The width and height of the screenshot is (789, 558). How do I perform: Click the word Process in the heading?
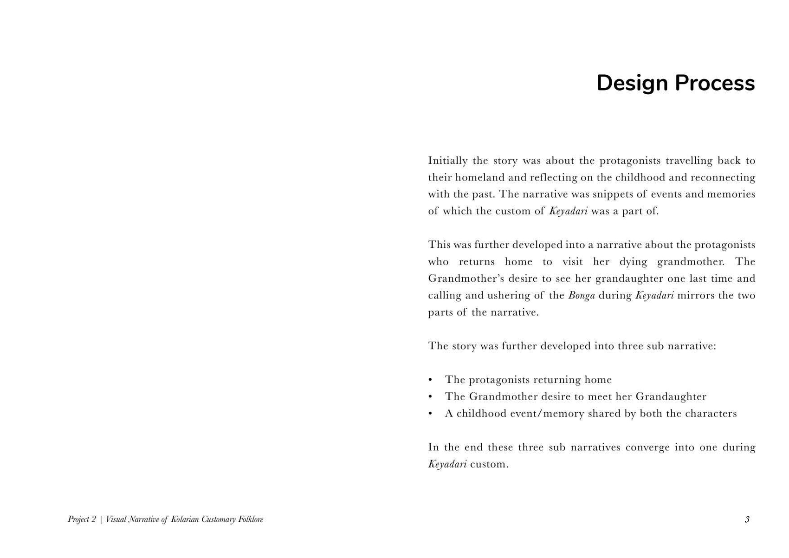pyautogui.click(x=715, y=84)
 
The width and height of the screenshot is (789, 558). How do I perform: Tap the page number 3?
pyautogui.click(x=747, y=519)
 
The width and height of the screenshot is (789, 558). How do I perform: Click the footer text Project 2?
pyautogui.click(x=82, y=519)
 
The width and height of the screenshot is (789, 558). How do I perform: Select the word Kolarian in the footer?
pyautogui.click(x=185, y=519)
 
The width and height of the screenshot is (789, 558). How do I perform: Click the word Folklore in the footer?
pyautogui.click(x=251, y=519)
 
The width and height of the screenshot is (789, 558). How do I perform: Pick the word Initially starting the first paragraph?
pyautogui.click(x=447, y=161)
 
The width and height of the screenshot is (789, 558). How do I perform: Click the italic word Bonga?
pyautogui.click(x=581, y=296)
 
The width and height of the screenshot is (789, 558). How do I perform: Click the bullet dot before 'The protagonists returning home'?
pyautogui.click(x=431, y=380)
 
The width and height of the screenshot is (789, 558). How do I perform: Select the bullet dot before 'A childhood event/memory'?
pyautogui.click(x=431, y=414)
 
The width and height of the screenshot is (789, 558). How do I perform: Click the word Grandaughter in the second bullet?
pyautogui.click(x=671, y=396)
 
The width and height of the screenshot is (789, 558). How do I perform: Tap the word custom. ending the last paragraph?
pyautogui.click(x=489, y=464)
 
